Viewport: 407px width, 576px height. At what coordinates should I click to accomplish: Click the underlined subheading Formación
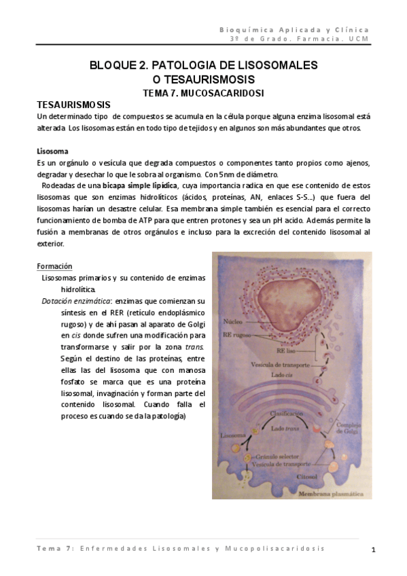tap(54, 266)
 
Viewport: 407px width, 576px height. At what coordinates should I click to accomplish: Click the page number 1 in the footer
tap(374, 549)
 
